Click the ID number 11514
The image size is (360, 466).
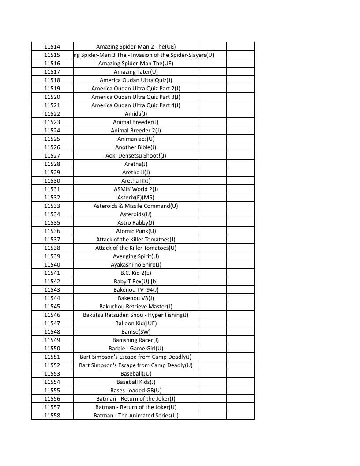pyautogui.click(x=52, y=47)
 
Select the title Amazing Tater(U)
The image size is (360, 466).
pyautogui.click(x=136, y=72)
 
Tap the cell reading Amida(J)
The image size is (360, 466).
pyautogui.click(x=136, y=114)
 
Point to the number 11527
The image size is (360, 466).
pyautogui.click(x=52, y=156)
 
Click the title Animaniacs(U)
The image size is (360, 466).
pyautogui.click(x=136, y=139)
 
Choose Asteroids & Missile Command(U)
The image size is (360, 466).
pyautogui.click(x=136, y=206)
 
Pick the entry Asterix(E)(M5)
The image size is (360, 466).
pyautogui.click(x=136, y=198)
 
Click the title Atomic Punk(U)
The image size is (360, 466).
pyautogui.click(x=136, y=231)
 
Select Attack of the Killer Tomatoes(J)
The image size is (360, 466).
pyautogui.click(x=136, y=240)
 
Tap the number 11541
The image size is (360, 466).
pyautogui.click(x=52, y=273)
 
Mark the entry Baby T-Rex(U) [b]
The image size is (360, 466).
pyautogui.click(x=136, y=282)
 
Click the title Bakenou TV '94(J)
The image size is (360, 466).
pyautogui.click(x=136, y=290)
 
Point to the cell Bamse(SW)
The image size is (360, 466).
pyautogui.click(x=136, y=332)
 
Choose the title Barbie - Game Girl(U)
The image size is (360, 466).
pyautogui.click(x=136, y=349)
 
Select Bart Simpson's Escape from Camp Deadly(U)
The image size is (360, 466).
pyautogui.click(x=136, y=365)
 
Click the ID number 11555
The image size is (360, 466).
pyautogui.click(x=52, y=391)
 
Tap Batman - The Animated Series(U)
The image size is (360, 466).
pyautogui.click(x=136, y=416)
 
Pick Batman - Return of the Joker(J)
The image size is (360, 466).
pyautogui.click(x=136, y=399)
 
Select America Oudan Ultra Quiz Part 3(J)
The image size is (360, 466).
pyautogui.click(x=136, y=97)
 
